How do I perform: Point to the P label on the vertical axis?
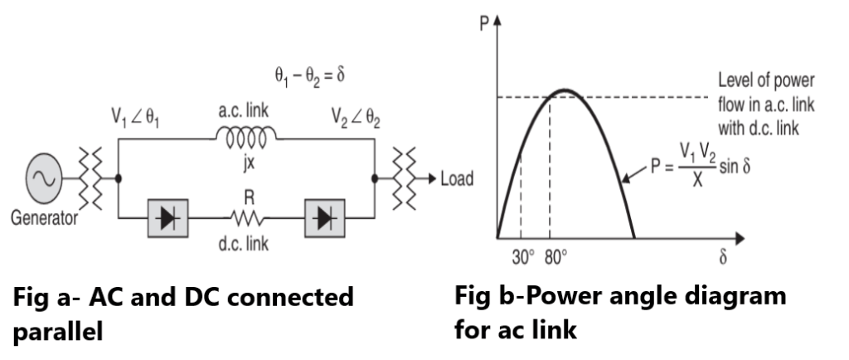tap(485, 22)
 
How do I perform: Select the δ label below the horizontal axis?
tap(722, 256)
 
